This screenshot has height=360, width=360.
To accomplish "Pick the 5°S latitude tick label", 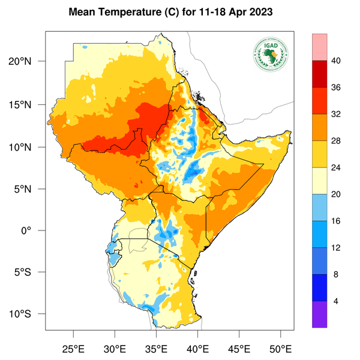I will click(29, 272).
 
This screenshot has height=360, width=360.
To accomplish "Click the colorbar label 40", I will click(336, 61).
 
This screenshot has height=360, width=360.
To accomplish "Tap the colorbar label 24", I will click(336, 167).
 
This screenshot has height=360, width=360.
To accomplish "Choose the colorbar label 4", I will click(336, 301).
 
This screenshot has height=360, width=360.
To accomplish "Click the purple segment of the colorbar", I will click(319, 314).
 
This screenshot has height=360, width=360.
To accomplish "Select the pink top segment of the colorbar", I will click(319, 47).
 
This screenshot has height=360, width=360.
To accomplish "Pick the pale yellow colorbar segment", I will click(319, 181).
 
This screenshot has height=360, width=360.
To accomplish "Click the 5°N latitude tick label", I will click(29, 188).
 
